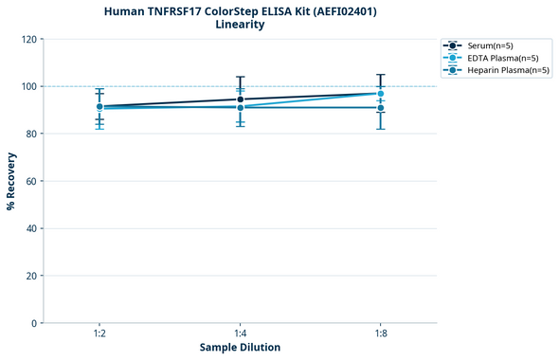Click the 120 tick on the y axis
29,39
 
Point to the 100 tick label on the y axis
29,86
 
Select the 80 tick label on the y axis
31,134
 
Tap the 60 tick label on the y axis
31,181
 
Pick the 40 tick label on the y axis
31,228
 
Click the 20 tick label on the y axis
31,276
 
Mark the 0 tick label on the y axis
34,323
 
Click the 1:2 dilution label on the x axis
99,334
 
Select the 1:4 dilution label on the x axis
240,334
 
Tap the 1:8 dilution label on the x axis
381,334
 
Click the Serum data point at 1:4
240,99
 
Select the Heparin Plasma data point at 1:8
381,108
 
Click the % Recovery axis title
12,181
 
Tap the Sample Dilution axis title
240,348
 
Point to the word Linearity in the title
240,25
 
